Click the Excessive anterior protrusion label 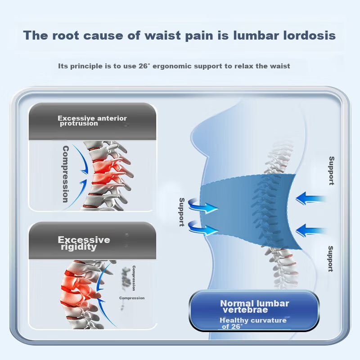(x=92, y=121)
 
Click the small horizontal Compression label (x=132, y=298)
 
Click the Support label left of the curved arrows (x=182, y=211)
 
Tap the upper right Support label (x=331, y=171)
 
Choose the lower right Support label (x=330, y=259)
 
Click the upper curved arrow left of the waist (x=202, y=207)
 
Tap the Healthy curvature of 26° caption (x=252, y=323)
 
